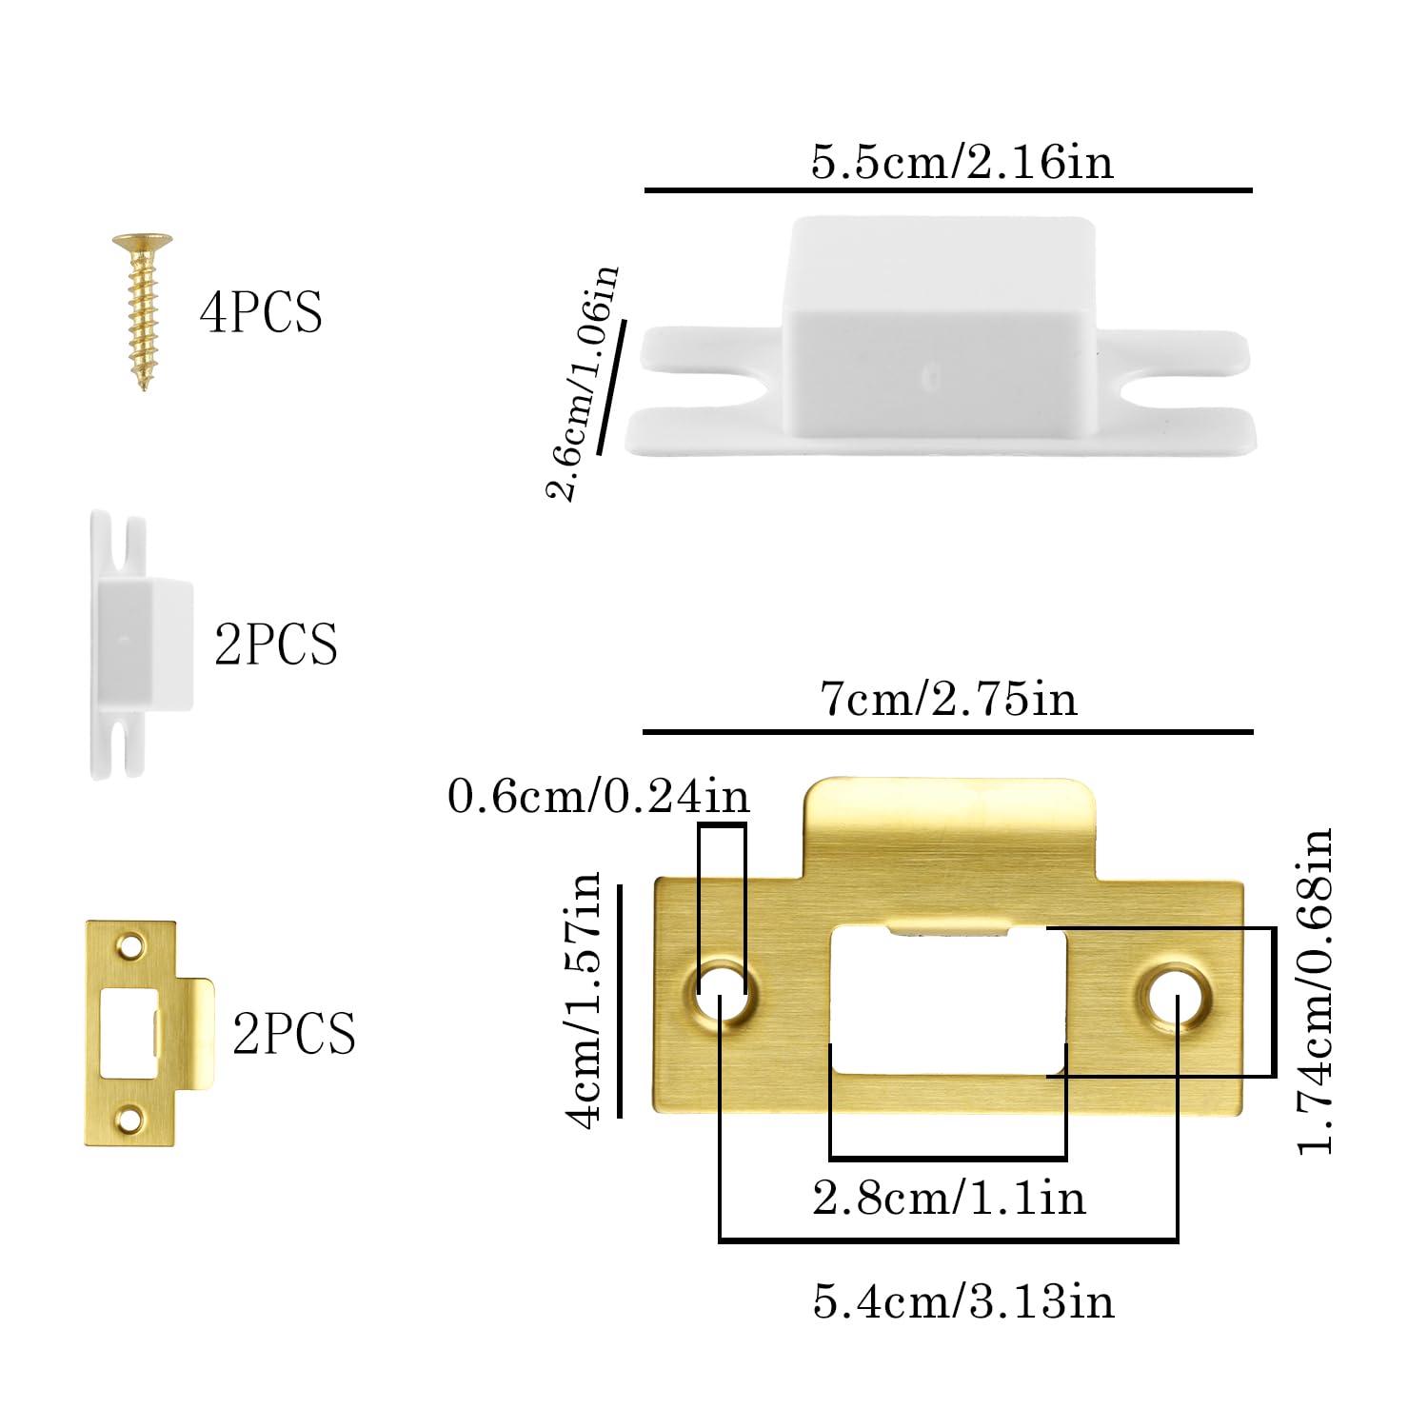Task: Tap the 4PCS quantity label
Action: (261, 312)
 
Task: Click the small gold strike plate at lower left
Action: (148, 1033)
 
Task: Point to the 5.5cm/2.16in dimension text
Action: (962, 161)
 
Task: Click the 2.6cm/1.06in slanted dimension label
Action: (582, 383)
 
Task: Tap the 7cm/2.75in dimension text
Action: (948, 699)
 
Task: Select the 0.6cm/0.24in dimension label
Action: (599, 796)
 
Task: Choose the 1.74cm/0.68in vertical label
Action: (1316, 991)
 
